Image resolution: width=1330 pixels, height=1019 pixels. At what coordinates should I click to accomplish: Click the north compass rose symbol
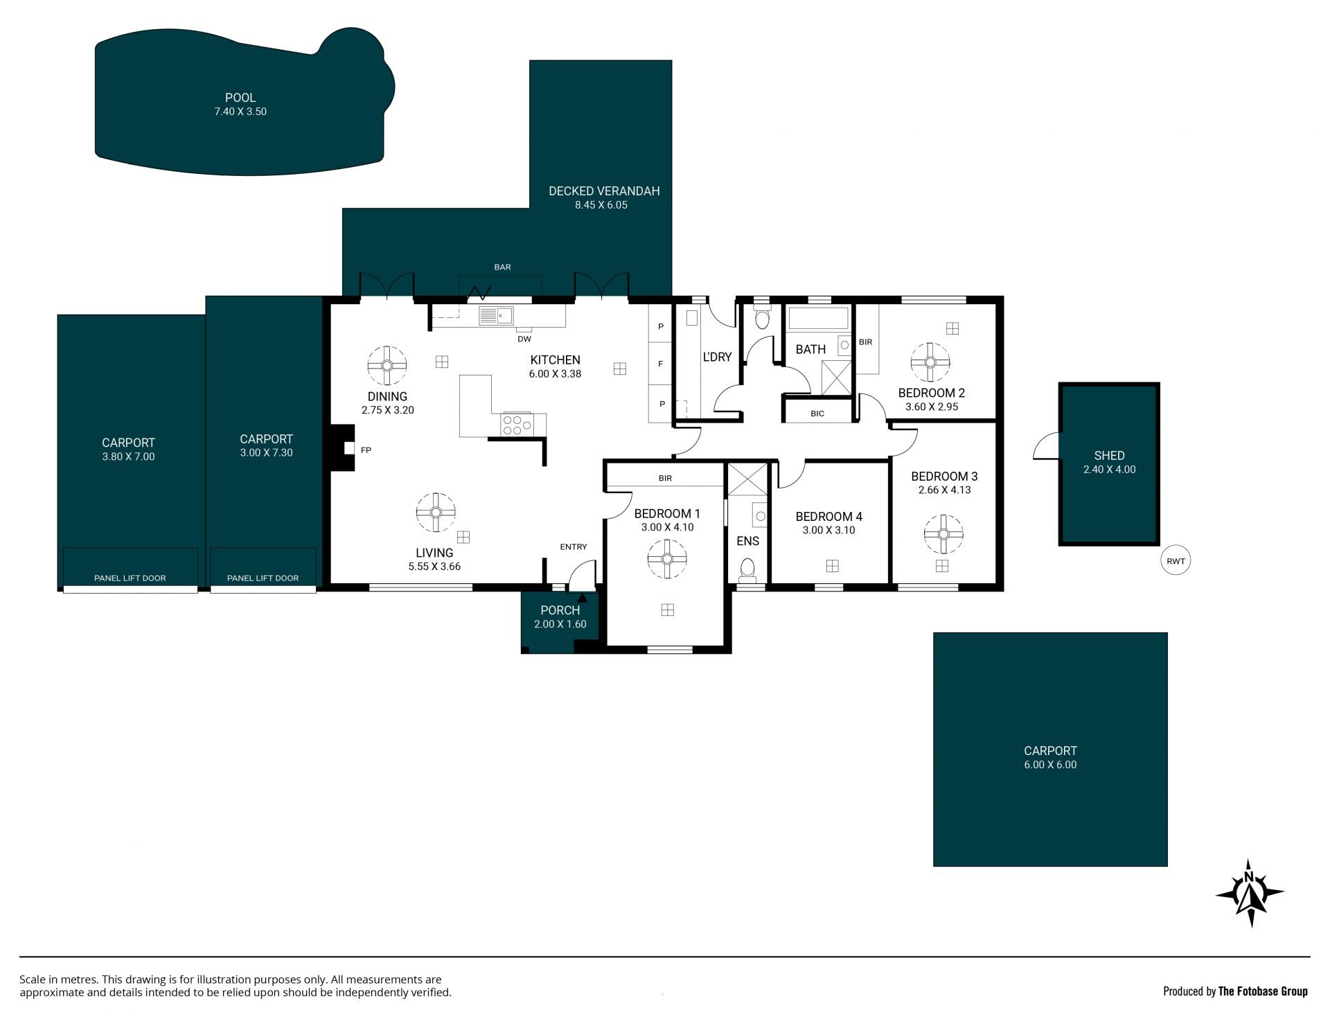tap(1250, 894)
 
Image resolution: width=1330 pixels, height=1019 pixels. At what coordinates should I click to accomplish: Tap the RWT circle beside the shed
tap(1176, 561)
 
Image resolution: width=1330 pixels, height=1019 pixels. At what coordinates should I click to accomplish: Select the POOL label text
tap(240, 98)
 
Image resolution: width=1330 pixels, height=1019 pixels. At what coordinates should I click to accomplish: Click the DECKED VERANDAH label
tap(604, 191)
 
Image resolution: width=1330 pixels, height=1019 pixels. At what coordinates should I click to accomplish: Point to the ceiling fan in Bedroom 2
tap(930, 362)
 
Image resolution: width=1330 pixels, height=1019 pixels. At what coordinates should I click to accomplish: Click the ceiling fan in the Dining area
tap(387, 366)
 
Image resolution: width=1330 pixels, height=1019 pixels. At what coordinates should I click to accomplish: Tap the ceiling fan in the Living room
tap(436, 512)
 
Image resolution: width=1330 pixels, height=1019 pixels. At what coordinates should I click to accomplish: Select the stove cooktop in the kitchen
tap(517, 424)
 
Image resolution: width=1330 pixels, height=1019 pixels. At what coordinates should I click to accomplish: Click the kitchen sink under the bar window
tap(496, 316)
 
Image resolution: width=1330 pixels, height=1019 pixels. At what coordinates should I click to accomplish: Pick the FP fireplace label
tap(366, 450)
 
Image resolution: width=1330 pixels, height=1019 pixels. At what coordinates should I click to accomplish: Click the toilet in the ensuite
tap(747, 569)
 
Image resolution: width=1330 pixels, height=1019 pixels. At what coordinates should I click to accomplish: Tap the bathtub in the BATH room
tap(818, 319)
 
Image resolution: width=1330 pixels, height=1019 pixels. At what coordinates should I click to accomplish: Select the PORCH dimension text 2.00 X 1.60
tap(560, 624)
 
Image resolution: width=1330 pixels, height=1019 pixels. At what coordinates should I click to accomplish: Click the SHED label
tap(1109, 456)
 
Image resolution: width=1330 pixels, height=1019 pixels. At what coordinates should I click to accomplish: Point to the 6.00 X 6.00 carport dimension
tap(1050, 765)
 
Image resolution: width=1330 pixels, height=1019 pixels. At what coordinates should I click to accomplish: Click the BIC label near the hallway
tap(817, 414)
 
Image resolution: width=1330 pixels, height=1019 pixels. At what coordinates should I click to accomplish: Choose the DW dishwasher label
tap(524, 339)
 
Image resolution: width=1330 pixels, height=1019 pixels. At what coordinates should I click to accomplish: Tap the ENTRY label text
tap(574, 547)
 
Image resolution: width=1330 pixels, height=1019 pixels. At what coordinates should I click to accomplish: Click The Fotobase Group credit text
tap(1263, 991)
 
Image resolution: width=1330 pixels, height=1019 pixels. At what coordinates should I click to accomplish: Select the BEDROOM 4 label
tap(828, 517)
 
